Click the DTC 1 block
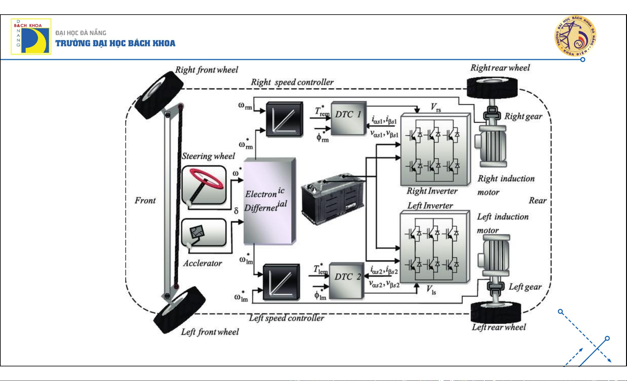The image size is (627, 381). pyautogui.click(x=348, y=118)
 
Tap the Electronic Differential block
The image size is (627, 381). pyautogui.click(x=269, y=201)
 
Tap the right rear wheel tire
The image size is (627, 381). pyautogui.click(x=492, y=87)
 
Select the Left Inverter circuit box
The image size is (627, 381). pyautogui.click(x=434, y=248)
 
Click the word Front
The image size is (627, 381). pyautogui.click(x=145, y=200)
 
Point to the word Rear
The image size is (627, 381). pyautogui.click(x=537, y=201)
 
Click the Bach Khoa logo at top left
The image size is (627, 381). pyautogui.click(x=31, y=36)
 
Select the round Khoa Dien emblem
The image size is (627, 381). pyautogui.click(x=575, y=36)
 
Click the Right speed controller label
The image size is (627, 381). pyautogui.click(x=292, y=82)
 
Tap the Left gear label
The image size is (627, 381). pyautogui.click(x=525, y=287)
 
